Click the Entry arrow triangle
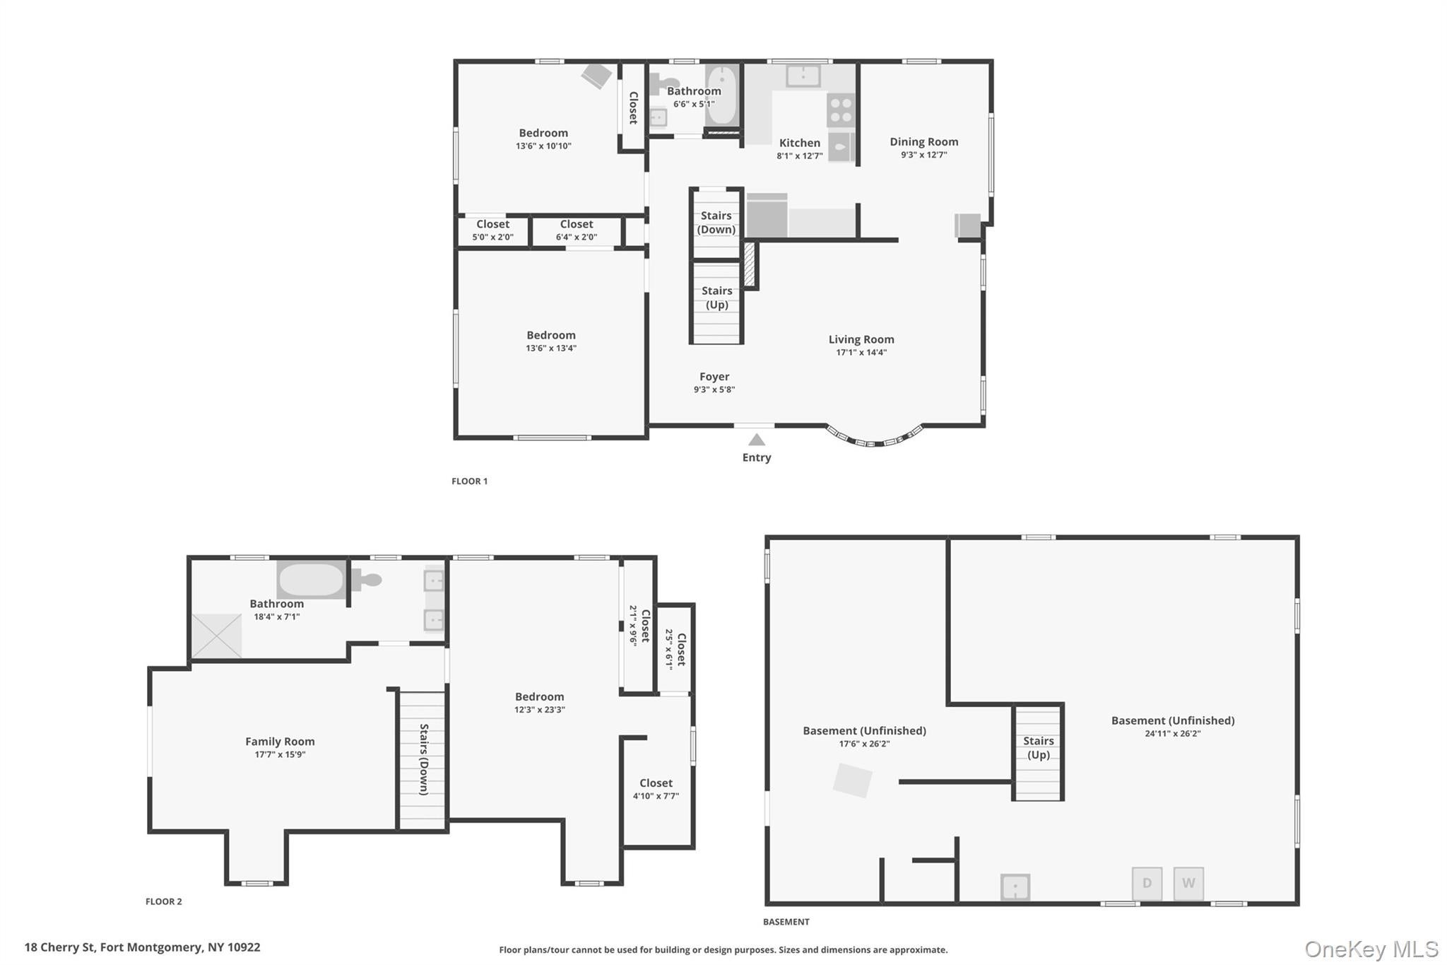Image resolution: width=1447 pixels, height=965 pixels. [x=756, y=440]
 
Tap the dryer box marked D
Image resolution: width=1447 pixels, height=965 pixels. [x=1147, y=883]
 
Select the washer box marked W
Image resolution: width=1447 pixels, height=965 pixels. [x=1188, y=883]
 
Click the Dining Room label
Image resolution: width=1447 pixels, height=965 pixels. [x=923, y=141]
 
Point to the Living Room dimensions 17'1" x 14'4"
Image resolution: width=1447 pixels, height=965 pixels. [x=861, y=352]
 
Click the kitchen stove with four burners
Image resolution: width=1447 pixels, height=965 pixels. [x=840, y=110]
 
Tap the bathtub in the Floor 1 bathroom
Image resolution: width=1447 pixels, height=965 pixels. [x=721, y=96]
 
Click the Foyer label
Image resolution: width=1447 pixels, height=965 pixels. [x=714, y=377]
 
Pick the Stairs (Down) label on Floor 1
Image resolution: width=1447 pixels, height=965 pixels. [x=716, y=223]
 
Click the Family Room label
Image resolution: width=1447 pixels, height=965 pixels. [x=280, y=741]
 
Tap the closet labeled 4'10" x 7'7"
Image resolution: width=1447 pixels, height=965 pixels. [x=656, y=789]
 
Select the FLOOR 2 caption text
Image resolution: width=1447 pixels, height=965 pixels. [x=164, y=901]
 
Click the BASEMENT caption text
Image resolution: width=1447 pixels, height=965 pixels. [x=786, y=922]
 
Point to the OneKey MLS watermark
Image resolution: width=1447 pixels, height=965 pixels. [x=1371, y=949]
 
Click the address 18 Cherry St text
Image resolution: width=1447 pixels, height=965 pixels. [x=142, y=947]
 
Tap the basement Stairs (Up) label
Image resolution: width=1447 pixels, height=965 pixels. [x=1038, y=747]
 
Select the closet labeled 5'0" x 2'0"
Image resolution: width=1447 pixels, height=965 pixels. [x=492, y=230]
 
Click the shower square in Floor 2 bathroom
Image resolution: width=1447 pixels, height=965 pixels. [x=217, y=636]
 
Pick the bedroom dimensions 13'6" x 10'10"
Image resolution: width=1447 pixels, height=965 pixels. [x=543, y=146]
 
